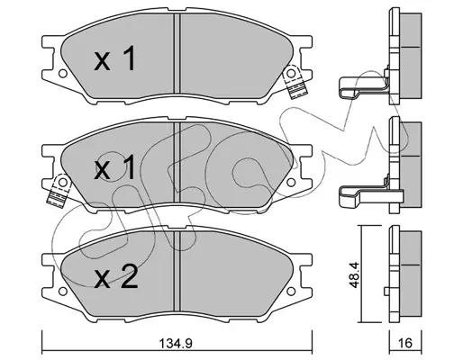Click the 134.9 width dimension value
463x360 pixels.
[x=176, y=344]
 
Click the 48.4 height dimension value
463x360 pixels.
[x=355, y=275]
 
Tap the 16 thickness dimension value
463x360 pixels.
[x=405, y=343]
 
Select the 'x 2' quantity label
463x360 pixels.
[x=116, y=277]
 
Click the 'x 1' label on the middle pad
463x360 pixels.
[x=114, y=168]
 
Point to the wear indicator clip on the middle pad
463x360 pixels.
[x=59, y=191]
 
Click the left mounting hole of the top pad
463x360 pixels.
[x=62, y=73]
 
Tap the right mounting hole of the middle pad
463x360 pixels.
[x=291, y=182]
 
